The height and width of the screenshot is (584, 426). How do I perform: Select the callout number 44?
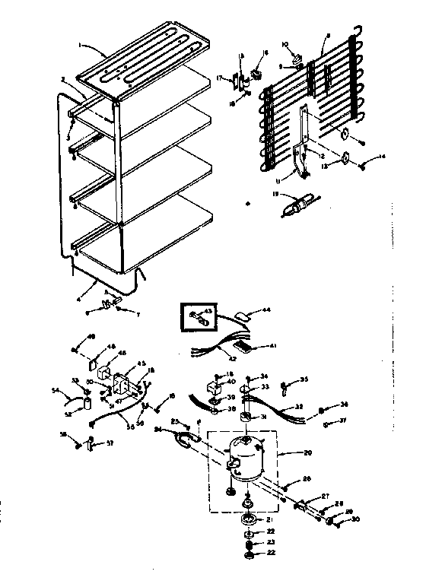point(266,311)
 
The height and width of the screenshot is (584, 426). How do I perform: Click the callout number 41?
point(272,347)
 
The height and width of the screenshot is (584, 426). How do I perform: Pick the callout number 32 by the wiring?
point(299,406)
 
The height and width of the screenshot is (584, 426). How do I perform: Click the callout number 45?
point(140,363)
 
